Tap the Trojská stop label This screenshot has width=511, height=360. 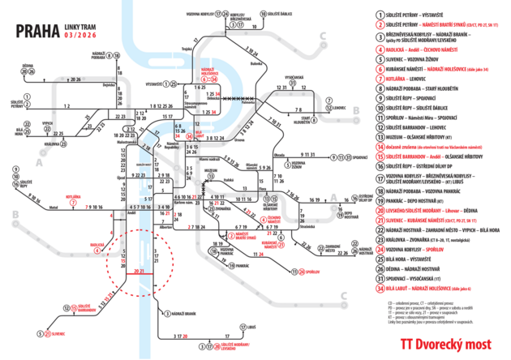click(187, 50)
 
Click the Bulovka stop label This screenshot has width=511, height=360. click(235, 62)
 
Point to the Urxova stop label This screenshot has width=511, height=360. click(241, 139)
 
